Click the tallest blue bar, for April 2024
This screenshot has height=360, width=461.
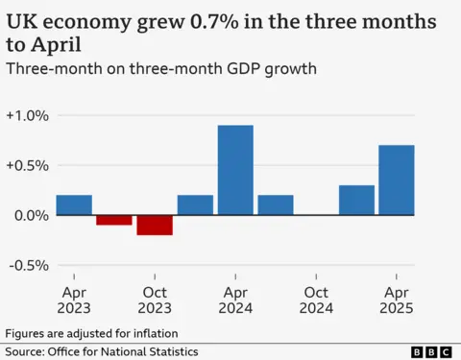(235, 170)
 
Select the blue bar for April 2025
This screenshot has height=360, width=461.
(397, 180)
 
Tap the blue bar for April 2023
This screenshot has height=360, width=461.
(74, 204)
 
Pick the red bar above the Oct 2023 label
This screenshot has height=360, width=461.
(155, 225)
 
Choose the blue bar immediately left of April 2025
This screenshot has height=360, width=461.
(356, 200)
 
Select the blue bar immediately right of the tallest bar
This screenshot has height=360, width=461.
(276, 204)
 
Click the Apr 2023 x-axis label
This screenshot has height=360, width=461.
(74, 299)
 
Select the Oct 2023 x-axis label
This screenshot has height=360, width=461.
(155, 299)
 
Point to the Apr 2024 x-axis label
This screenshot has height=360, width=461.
(235, 299)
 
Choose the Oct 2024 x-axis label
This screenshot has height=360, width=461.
(316, 299)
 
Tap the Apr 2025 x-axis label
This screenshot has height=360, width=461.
(397, 299)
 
